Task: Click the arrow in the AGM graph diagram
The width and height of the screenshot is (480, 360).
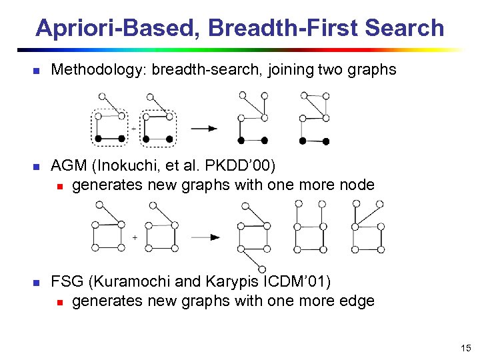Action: tap(206, 237)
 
